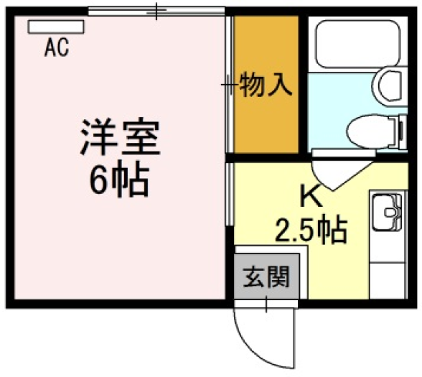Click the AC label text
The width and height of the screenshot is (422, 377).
[57, 47]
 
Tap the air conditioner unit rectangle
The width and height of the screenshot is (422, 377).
[56, 27]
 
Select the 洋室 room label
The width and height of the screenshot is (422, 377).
[121, 137]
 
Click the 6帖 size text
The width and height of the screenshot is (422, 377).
[119, 180]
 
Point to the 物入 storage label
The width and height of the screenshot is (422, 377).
[266, 85]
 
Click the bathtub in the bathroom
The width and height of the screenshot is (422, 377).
[359, 44]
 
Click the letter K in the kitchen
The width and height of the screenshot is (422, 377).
[311, 196]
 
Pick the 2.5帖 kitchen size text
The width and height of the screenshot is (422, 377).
[311, 230]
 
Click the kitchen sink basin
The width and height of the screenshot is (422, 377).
[387, 212]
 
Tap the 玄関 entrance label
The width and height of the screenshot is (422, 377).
[266, 276]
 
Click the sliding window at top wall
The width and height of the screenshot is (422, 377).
[156, 11]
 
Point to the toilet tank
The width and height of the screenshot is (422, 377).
[402, 131]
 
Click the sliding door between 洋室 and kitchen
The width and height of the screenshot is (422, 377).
[230, 194]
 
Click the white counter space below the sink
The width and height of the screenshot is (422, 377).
[387, 280]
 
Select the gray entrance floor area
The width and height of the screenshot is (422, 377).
[266, 276]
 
